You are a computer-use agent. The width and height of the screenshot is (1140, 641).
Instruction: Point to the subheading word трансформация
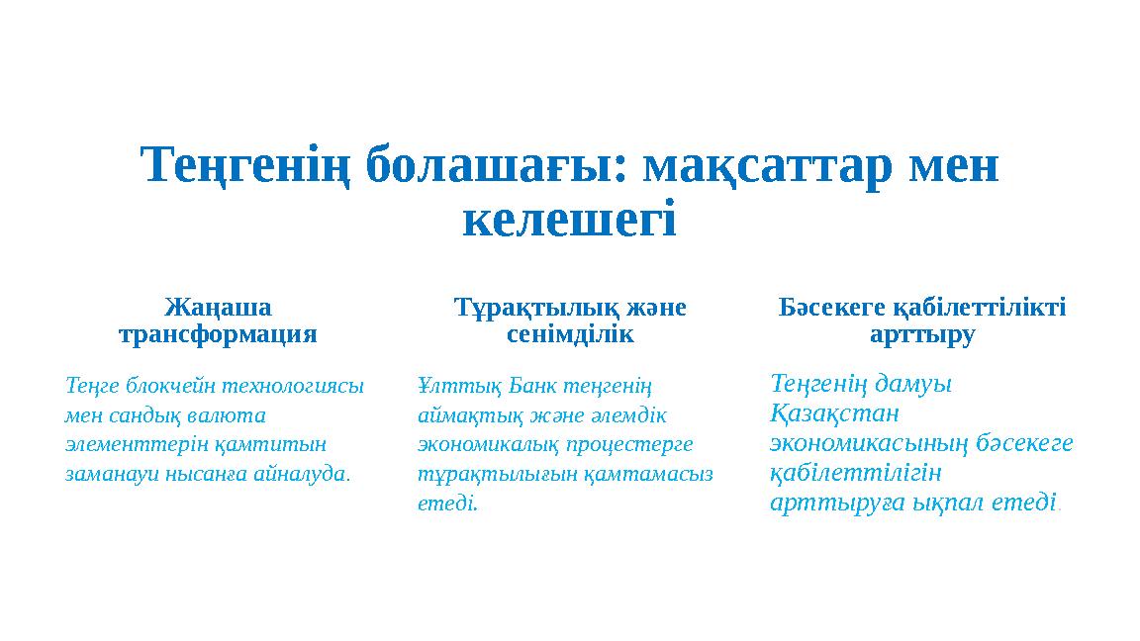click(x=218, y=334)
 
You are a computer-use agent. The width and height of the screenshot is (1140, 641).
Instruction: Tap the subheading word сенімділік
click(x=569, y=334)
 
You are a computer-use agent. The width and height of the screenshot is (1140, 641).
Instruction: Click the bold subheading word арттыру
click(x=922, y=334)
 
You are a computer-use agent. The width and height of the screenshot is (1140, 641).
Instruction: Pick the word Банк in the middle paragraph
click(x=518, y=384)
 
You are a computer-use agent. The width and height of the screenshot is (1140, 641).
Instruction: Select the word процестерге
click(x=638, y=443)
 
